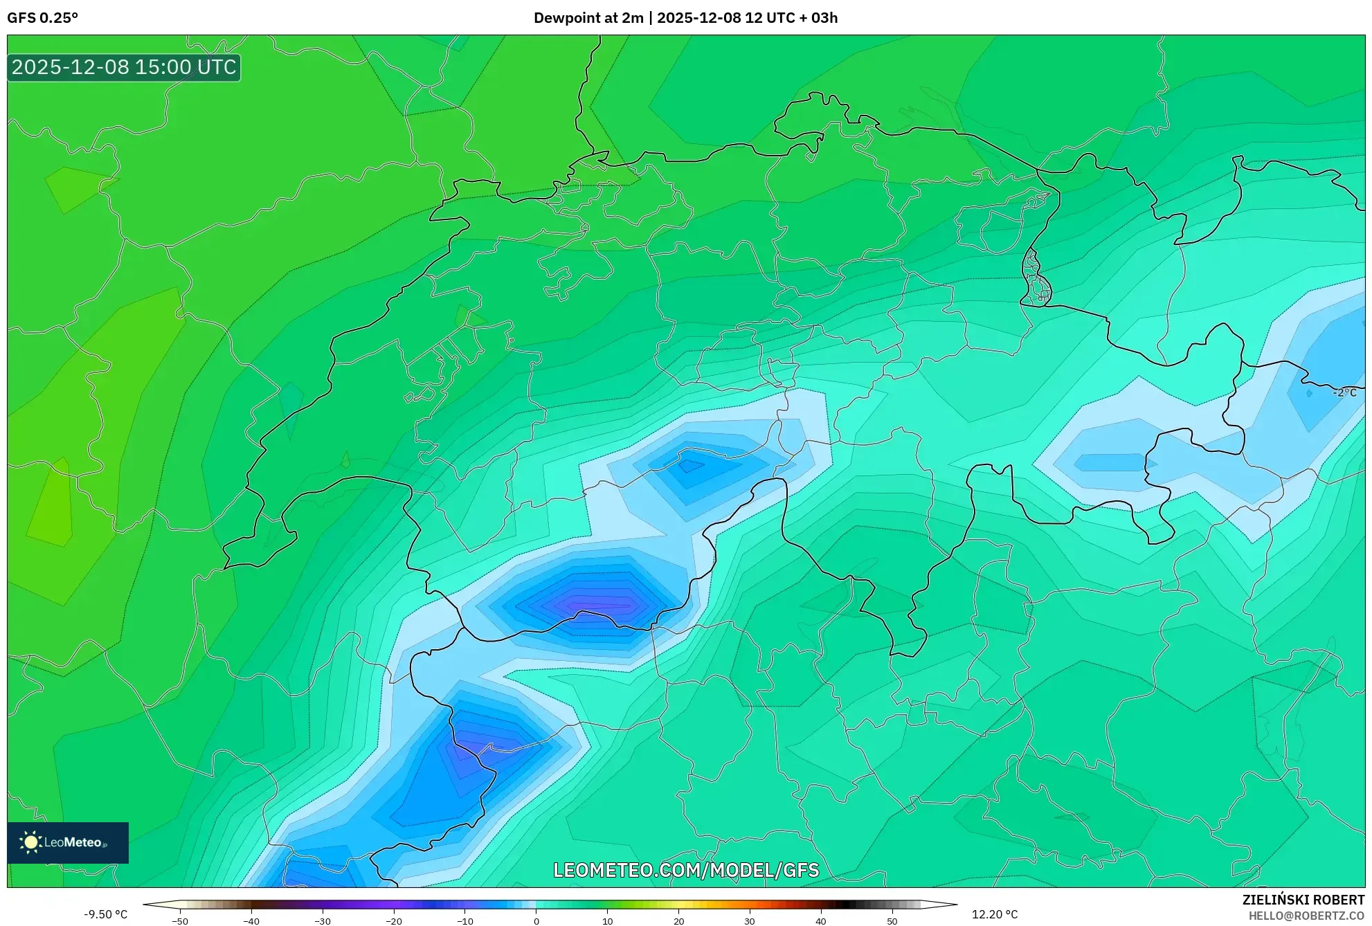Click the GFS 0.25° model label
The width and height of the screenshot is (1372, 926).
tap(42, 18)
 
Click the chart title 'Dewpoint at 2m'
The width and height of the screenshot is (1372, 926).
tap(588, 18)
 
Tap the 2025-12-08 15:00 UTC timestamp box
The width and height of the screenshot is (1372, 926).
tap(124, 68)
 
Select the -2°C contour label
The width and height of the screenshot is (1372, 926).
tap(1344, 392)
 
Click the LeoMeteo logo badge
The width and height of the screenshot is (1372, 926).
tap(68, 842)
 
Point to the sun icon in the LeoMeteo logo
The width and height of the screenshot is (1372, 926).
tap(30, 842)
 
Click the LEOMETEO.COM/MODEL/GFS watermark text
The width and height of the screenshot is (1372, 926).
tap(686, 870)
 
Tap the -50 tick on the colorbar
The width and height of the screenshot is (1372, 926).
tap(180, 921)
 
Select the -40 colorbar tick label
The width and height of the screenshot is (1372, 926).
tap(251, 921)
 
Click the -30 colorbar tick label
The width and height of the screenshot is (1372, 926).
tap(323, 921)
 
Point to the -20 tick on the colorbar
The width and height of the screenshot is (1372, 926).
tap(394, 921)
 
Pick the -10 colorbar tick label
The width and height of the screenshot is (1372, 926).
tap(465, 921)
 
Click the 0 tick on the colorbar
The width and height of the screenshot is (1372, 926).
tap(536, 921)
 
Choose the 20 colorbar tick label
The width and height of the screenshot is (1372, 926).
tap(678, 921)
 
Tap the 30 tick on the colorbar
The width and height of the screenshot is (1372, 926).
tap(750, 921)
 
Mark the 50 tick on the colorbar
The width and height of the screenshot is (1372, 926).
tap(892, 921)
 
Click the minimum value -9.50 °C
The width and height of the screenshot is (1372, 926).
tap(106, 914)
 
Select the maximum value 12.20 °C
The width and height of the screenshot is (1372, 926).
tap(995, 914)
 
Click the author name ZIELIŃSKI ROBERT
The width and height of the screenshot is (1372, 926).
tap(1303, 900)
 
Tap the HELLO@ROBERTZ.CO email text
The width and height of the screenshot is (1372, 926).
tap(1306, 916)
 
